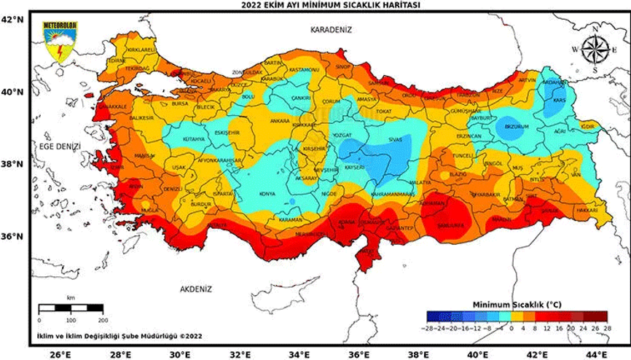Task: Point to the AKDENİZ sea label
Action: pyautogui.click(x=195, y=290)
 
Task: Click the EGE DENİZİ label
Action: pyautogui.click(x=59, y=146)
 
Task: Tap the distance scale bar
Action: pyautogui.click(x=71, y=309)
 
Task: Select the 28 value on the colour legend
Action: pyautogui.click(x=605, y=330)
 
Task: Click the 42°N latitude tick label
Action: pyautogui.click(x=12, y=20)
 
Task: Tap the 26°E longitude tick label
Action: pyautogui.click(x=58, y=354)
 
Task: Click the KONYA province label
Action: pyautogui.click(x=267, y=194)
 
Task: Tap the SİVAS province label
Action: pyautogui.click(x=396, y=138)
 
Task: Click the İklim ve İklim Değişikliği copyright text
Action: pyautogui.click(x=119, y=336)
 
